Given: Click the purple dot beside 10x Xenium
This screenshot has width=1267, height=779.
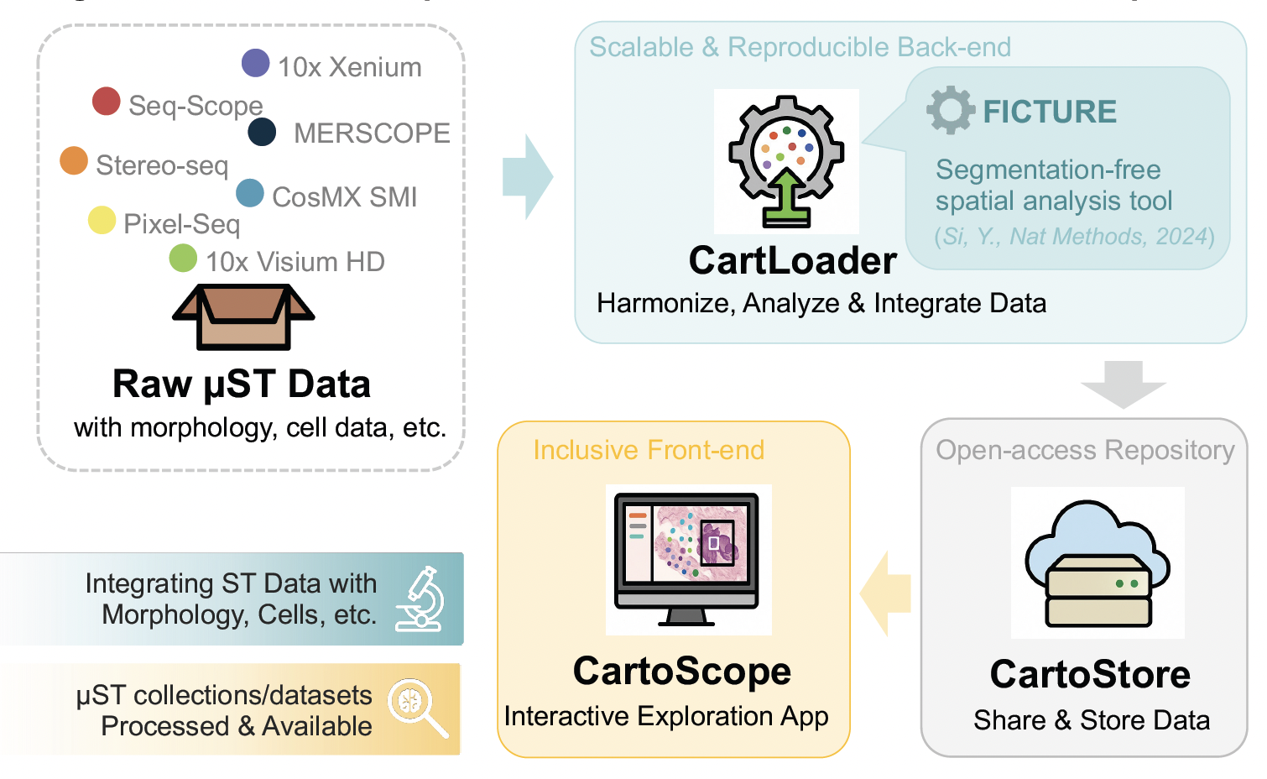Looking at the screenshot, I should [255, 63].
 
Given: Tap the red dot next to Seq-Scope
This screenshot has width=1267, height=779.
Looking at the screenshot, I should [107, 101].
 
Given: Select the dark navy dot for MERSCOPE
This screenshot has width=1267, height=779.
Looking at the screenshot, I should [263, 132].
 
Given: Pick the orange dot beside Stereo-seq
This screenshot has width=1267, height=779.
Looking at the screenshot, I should [74, 160].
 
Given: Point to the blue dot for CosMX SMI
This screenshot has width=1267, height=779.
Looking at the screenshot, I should [250, 193].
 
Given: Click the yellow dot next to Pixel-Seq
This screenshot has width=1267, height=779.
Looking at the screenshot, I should [102, 220].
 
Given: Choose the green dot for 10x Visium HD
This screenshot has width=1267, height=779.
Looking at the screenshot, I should [183, 258].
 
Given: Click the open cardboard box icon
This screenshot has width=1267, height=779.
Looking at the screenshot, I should [243, 316].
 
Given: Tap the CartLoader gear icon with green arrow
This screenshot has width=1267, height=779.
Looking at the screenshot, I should [786, 161].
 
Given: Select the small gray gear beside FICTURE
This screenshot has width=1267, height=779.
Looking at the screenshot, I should [951, 110].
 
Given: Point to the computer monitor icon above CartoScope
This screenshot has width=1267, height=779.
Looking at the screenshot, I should [687, 559].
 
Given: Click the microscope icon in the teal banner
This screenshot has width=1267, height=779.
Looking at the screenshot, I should [422, 599].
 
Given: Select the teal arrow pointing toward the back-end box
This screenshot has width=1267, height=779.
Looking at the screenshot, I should [527, 177].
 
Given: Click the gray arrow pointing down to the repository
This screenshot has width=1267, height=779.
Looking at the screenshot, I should [1124, 384].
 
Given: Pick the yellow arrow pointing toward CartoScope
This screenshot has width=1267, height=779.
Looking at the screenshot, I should [887, 593].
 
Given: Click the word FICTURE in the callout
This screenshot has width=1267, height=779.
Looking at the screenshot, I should [1050, 112].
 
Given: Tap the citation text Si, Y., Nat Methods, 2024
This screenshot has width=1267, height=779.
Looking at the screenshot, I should [1075, 237].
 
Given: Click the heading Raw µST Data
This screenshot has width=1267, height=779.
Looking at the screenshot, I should [242, 384].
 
